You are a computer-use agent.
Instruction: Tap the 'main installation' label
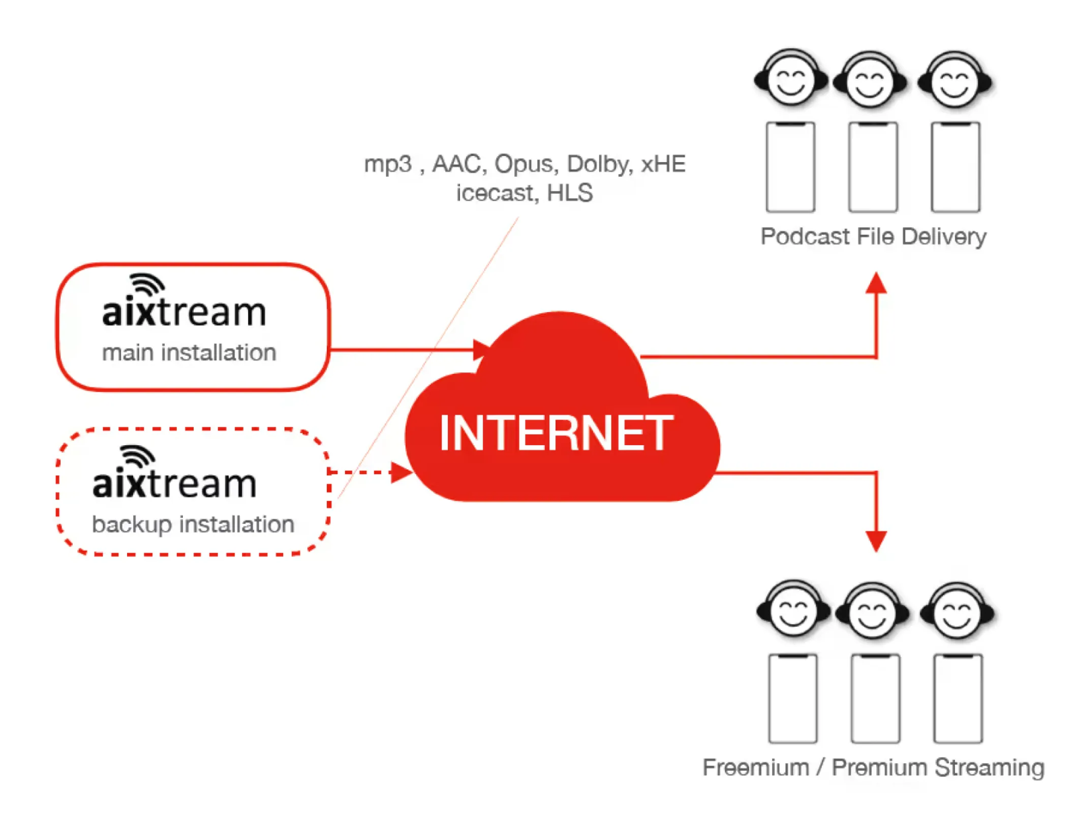189,353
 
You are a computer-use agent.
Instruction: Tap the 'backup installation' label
193,524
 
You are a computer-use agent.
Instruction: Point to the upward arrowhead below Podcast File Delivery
876,284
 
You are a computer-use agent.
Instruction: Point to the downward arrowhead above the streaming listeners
876,541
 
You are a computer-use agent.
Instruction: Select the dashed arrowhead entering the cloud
401,473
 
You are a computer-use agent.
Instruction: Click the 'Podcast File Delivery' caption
873,237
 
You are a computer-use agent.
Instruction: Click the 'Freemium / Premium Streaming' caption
873,767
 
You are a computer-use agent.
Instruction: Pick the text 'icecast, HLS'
524,193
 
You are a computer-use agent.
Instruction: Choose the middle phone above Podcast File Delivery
873,167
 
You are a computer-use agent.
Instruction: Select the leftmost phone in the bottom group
792,699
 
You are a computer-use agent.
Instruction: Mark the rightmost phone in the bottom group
958,699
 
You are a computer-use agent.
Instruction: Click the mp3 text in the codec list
387,164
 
